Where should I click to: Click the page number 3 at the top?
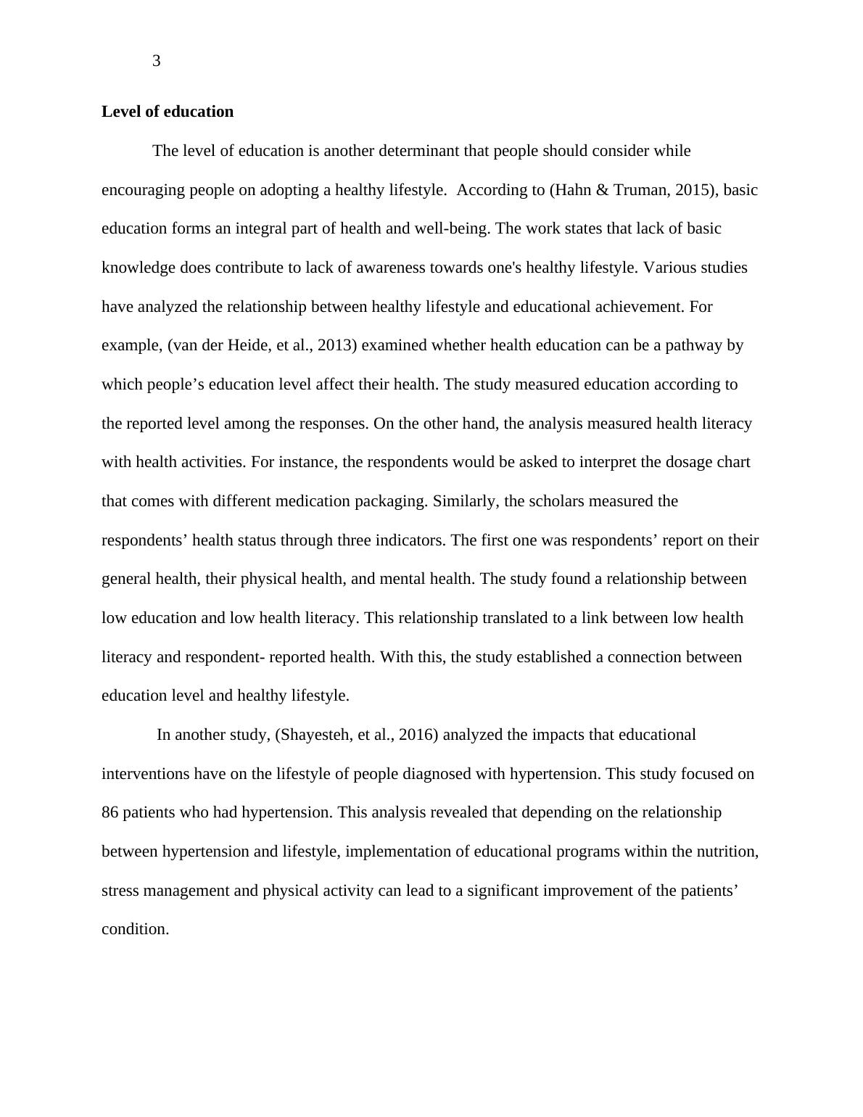click(157, 62)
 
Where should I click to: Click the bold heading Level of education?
click(168, 112)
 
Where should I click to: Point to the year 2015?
click(692, 190)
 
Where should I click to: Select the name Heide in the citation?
click(249, 345)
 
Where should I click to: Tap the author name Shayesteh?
click(316, 735)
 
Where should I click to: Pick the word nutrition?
click(727, 852)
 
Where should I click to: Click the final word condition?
click(135, 929)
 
